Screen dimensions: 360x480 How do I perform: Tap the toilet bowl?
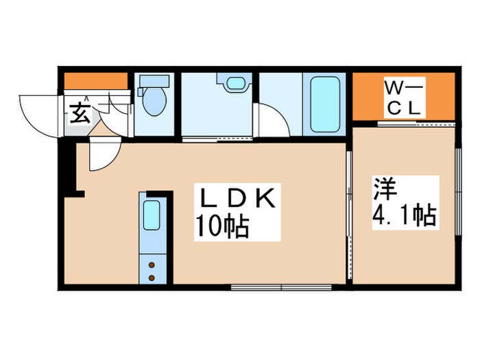pos(154,103)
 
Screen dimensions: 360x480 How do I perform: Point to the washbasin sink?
pos(235,85)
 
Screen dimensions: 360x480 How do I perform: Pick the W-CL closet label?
pos(404,98)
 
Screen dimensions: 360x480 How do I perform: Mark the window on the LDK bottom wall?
pos(282,286)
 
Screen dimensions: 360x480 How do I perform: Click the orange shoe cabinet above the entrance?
pos(95,80)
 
